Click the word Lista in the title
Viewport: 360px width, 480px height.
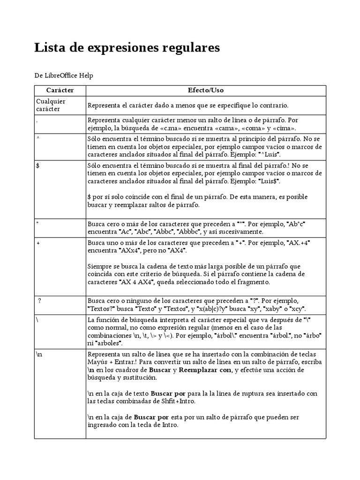tap(49, 48)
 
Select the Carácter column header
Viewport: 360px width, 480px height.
tap(60, 90)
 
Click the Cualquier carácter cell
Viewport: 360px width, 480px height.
tap(51, 105)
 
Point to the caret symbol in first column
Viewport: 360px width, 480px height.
tap(37, 139)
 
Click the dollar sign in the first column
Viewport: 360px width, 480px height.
tap(37, 165)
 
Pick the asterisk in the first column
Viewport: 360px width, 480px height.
tap(37, 223)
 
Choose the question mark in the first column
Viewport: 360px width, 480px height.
tap(40, 300)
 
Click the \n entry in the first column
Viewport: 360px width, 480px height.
tap(39, 355)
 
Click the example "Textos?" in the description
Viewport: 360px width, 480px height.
tap(102, 309)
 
